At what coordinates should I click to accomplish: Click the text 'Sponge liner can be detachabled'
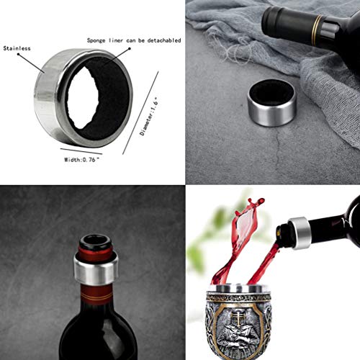pos(133,41)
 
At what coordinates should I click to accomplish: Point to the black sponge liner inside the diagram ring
pos(104,104)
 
